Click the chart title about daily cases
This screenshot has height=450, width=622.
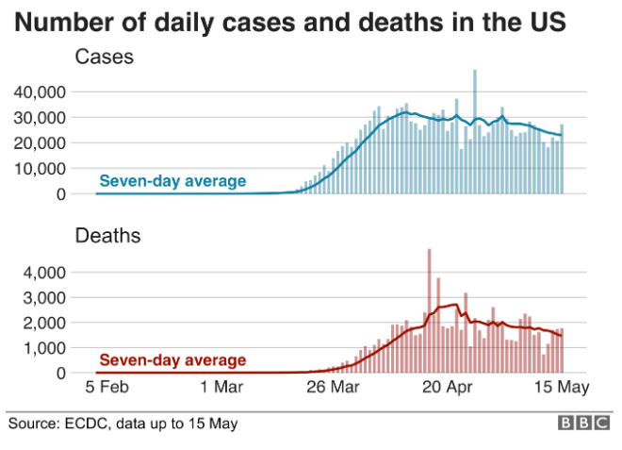point(290,21)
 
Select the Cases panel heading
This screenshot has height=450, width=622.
point(104,57)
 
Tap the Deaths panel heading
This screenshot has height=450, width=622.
point(107,236)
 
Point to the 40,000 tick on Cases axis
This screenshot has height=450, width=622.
point(40,92)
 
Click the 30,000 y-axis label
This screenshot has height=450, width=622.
point(40,117)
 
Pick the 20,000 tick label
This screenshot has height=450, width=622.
point(40,142)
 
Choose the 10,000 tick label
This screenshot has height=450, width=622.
point(40,168)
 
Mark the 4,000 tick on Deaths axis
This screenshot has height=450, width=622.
point(44,272)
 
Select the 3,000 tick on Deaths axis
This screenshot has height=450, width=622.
point(44,297)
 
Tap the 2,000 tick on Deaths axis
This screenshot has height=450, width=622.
point(44,323)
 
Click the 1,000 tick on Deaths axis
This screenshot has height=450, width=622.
point(44,348)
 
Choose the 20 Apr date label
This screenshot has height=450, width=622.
point(447,387)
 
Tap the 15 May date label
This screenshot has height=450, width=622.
point(559,387)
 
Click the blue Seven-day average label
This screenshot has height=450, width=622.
point(172,181)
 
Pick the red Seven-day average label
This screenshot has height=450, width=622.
point(172,359)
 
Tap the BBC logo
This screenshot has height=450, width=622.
point(583,424)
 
